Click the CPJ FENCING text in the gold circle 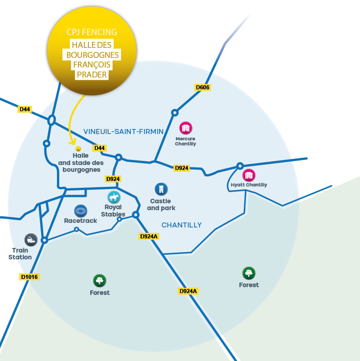92,32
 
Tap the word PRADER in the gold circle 92,75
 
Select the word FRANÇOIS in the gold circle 92,65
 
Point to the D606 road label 203,87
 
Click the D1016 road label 30,277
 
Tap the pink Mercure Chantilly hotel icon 185,128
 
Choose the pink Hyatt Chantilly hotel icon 248,175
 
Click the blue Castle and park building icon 161,189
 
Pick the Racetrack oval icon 81,211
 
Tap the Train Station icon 31,240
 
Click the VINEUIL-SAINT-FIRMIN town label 123,132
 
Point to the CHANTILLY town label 181,225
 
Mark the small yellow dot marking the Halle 78,149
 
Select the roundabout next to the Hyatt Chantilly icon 240,166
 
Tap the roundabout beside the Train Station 44,240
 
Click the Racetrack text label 81,221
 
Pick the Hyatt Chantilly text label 248,185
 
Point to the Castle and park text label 161,205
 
